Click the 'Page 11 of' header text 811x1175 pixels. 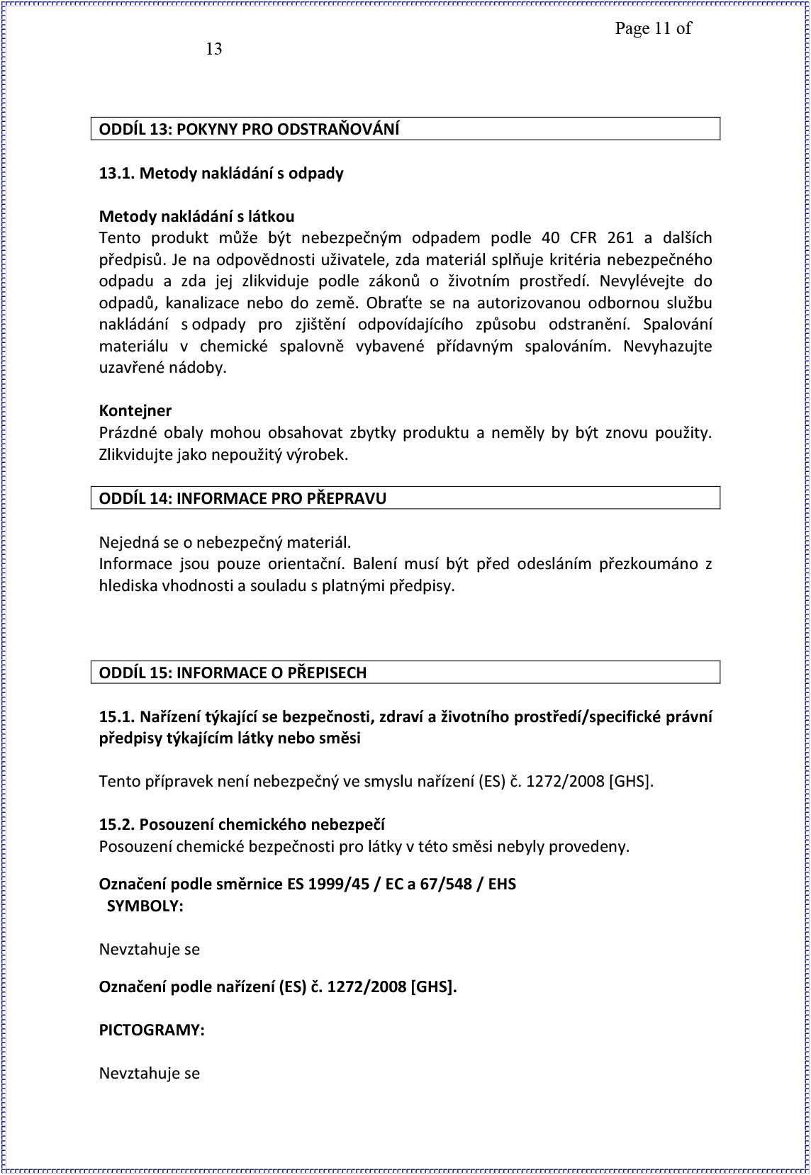(x=652, y=28)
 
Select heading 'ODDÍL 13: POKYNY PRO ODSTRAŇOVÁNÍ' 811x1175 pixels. (x=249, y=129)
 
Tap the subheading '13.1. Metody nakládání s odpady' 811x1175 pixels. (x=221, y=174)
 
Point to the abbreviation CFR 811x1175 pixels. (x=584, y=238)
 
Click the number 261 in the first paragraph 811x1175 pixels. (x=620, y=238)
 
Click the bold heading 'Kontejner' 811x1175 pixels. (x=135, y=411)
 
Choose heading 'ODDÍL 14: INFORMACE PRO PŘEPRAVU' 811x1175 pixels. (x=242, y=498)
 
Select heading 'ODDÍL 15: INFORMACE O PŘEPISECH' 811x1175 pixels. (x=233, y=673)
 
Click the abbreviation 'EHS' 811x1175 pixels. (x=502, y=884)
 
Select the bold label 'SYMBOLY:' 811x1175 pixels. (x=145, y=906)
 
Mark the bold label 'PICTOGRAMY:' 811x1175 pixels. (x=152, y=1030)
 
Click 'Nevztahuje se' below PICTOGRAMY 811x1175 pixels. (x=150, y=1074)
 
